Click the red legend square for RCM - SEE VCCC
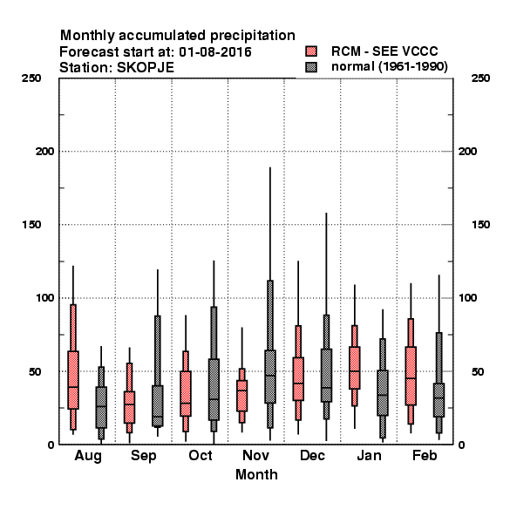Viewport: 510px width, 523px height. coord(311,51)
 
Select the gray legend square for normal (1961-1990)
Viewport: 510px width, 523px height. coord(311,67)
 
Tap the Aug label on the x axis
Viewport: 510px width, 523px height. coord(88,456)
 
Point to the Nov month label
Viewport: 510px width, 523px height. coord(255,455)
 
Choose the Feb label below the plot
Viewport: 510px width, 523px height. coord(425,455)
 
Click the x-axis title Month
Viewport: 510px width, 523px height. coord(256,474)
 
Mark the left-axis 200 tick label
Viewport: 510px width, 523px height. coord(45,152)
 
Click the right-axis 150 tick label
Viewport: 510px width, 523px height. coord(480,225)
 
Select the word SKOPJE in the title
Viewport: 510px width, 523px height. coord(146,68)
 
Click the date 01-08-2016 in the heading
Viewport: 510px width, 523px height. coord(215,52)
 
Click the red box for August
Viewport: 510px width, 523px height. coord(73,380)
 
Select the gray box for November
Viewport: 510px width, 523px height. coord(270,377)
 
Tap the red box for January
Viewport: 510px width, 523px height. coord(355,368)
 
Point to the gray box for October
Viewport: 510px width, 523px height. coord(214,390)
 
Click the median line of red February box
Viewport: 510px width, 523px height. coord(411,378)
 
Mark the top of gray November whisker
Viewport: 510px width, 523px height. coord(270,167)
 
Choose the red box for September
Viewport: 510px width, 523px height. coord(129,408)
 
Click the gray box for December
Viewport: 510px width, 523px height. coord(327,376)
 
